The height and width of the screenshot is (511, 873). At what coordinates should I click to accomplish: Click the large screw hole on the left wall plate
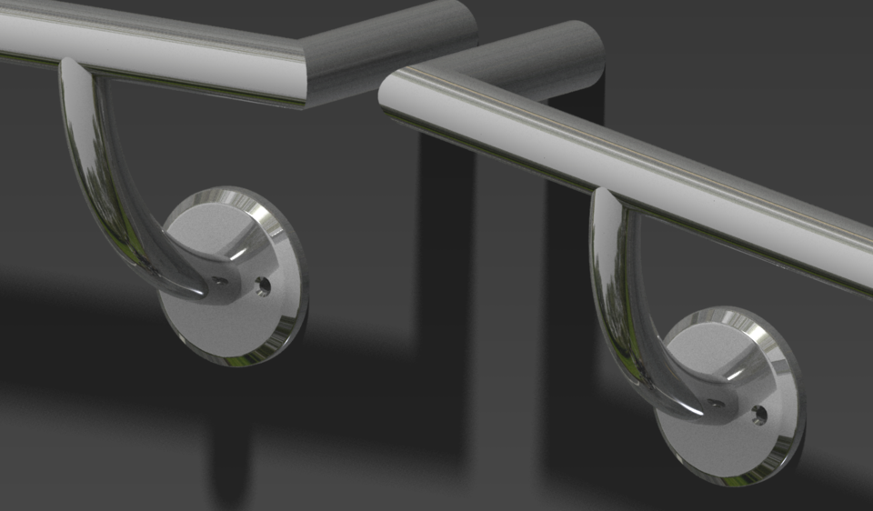pyautogui.click(x=263, y=286)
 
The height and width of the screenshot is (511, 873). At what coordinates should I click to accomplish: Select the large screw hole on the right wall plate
pyautogui.click(x=758, y=416)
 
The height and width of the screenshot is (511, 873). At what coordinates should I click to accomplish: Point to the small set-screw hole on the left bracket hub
pyautogui.click(x=221, y=282)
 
